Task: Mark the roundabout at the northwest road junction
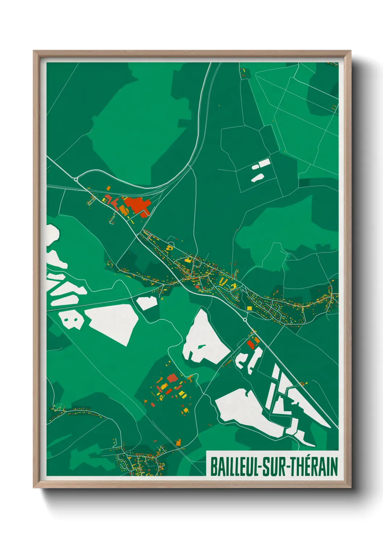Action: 76,179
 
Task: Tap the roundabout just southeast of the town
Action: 245,320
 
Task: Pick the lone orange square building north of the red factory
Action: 108,188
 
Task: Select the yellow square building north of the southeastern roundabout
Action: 249,308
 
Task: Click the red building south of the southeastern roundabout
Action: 251,344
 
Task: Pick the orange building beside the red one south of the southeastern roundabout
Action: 257,340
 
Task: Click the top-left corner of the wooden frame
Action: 34,51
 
